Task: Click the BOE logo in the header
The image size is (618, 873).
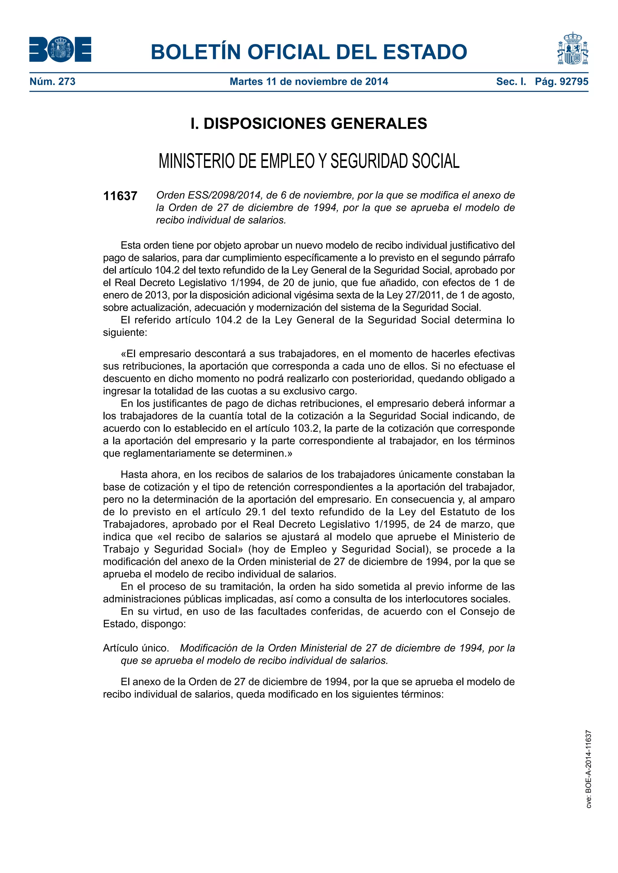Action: tap(60, 49)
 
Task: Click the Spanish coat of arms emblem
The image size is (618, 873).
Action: tap(572, 48)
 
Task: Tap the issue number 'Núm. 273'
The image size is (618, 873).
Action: tap(53, 81)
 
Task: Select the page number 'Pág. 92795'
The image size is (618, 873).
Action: tap(561, 81)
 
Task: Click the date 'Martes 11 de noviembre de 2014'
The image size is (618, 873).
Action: tap(309, 81)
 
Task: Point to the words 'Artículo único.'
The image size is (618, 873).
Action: tap(136, 648)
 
